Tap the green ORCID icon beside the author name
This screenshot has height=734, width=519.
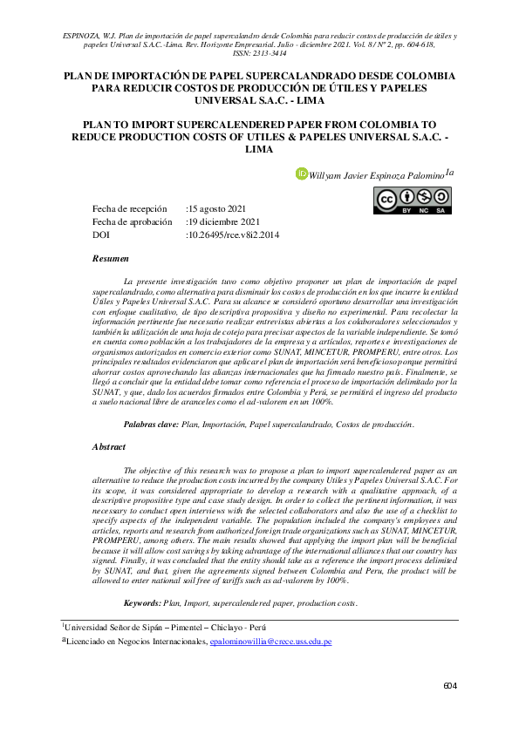303,173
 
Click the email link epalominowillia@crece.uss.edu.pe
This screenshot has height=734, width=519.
270,642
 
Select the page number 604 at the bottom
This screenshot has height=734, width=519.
450,687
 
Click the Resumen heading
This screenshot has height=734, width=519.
110,259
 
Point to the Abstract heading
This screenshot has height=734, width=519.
108,446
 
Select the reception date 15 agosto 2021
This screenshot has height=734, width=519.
218,209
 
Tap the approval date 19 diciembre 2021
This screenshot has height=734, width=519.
222,222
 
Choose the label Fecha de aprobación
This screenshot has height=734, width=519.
132,222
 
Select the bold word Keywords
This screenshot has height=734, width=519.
142,603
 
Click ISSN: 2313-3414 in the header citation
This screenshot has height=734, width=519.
259,52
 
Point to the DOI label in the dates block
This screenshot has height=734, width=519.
100,235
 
